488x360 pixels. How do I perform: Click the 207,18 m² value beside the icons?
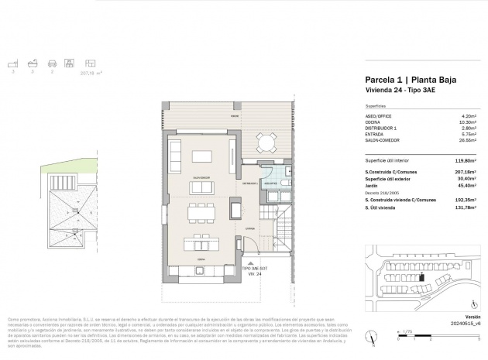(x=91, y=75)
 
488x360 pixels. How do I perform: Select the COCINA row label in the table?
(x=373, y=122)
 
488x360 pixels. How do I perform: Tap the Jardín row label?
(x=372, y=185)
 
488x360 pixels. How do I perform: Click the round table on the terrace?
(x=267, y=142)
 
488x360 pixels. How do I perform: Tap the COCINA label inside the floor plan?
(x=202, y=259)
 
